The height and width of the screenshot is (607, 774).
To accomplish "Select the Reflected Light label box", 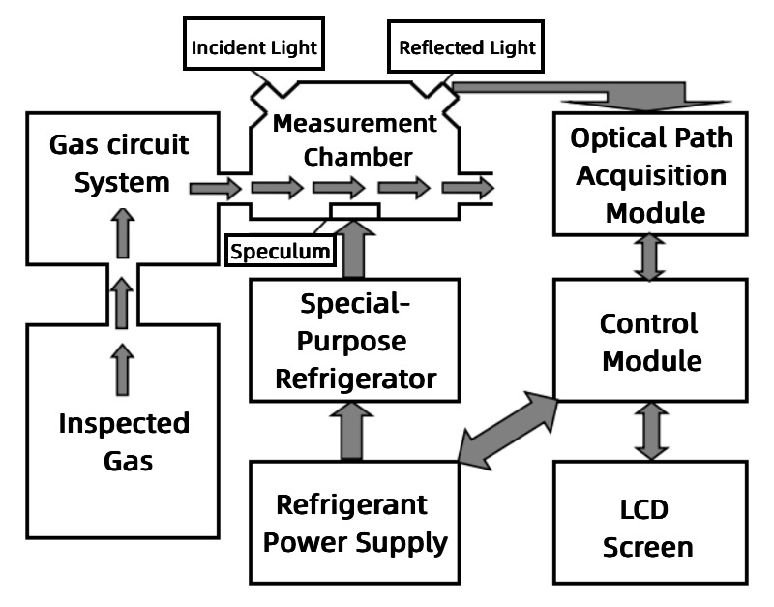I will (466, 46).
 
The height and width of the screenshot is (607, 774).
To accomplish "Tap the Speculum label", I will (281, 252).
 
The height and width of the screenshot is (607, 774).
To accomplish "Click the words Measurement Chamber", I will (355, 140).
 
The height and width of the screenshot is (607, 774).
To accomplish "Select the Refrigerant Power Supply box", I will (353, 523).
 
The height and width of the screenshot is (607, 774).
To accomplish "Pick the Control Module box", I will (650, 342).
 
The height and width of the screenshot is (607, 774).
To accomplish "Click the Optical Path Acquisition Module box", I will (650, 174).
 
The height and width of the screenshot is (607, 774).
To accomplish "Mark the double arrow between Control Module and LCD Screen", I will (649, 433).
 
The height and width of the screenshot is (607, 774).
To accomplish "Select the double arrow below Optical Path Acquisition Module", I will (649, 257).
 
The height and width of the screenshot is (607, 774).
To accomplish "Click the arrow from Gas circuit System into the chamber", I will (215, 188).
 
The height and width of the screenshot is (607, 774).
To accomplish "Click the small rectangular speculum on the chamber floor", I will (354, 209).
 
